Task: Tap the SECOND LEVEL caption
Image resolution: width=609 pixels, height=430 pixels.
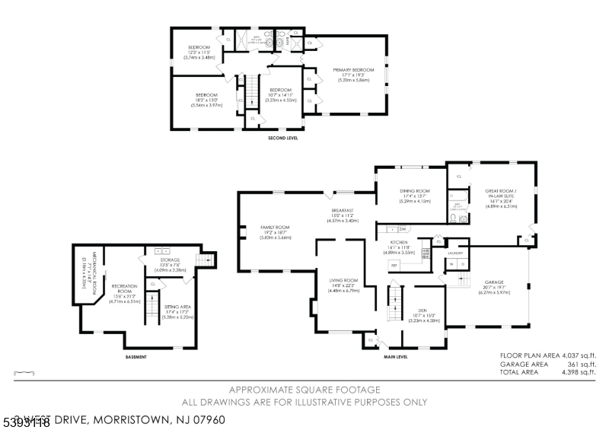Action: (x=282, y=139)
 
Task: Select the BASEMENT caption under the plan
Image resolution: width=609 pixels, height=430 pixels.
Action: (x=136, y=356)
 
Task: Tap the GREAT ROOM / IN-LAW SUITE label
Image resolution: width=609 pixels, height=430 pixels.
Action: (x=500, y=193)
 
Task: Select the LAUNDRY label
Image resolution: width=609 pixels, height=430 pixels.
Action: (x=456, y=252)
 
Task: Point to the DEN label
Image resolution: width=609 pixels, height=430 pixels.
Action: (x=416, y=310)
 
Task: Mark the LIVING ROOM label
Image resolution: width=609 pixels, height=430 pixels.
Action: (x=343, y=280)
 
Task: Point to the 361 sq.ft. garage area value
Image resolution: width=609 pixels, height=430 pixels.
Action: (x=582, y=365)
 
